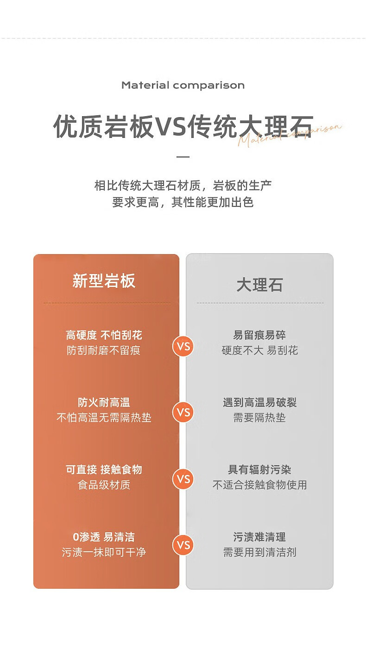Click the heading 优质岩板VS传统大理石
[x=183, y=126]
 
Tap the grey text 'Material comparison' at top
[x=183, y=85]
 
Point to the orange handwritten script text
[x=290, y=134]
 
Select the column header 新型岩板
[x=104, y=281]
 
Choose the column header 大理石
[x=259, y=285]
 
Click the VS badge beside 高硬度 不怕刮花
[x=183, y=346]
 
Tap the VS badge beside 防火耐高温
[x=183, y=412]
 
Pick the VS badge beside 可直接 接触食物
[x=183, y=479]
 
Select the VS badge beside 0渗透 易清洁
[x=183, y=545]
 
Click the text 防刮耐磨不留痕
[x=104, y=350]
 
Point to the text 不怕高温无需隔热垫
[x=104, y=417]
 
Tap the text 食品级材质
[x=104, y=485]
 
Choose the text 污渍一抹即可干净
[x=104, y=552]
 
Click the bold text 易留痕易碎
[x=259, y=335]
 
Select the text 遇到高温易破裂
[x=259, y=403]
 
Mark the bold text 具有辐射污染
[x=259, y=470]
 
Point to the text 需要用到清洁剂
[x=259, y=552]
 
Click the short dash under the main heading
[x=183, y=157]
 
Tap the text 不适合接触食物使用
[x=259, y=485]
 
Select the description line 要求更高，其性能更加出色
[x=183, y=202]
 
